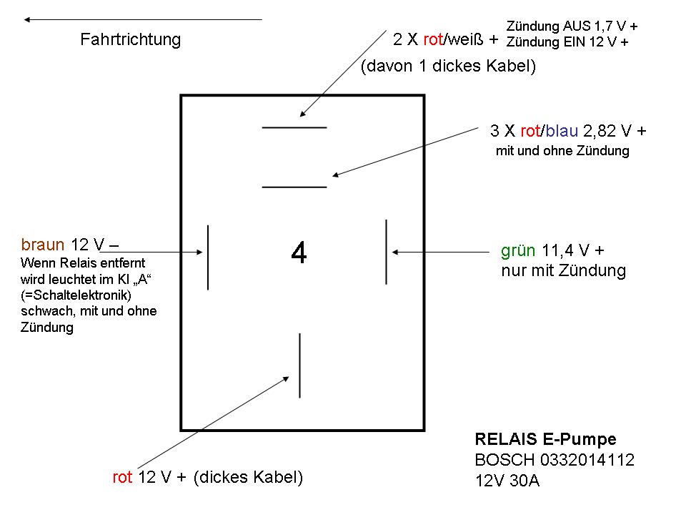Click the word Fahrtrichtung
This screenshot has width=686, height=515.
tap(130, 39)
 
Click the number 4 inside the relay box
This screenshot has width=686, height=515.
tap(299, 253)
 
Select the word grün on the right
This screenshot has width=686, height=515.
tap(518, 250)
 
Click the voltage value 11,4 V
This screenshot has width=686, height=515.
tap(567, 250)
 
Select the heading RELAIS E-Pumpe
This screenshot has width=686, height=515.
tap(545, 439)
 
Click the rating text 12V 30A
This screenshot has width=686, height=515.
tap(507, 481)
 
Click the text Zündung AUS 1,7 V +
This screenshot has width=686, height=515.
tap(572, 26)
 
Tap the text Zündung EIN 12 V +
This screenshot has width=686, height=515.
tap(567, 41)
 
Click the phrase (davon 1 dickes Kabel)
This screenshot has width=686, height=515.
tap(449, 67)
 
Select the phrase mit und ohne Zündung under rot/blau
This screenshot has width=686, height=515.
tap(562, 152)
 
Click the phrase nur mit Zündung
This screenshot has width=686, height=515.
tap(563, 271)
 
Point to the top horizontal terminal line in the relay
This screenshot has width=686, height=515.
tap(294, 127)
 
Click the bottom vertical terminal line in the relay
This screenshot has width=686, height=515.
tap(299, 365)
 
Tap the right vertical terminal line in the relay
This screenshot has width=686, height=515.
tap(386, 252)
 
